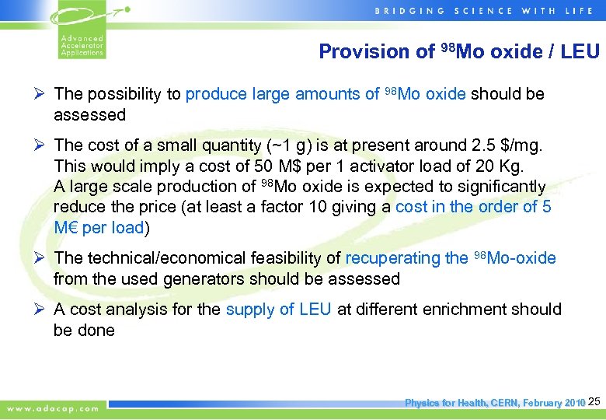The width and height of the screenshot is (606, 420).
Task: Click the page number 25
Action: click(594, 402)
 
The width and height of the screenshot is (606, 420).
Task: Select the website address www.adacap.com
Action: click(54, 408)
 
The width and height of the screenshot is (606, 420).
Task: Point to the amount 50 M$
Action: click(255, 166)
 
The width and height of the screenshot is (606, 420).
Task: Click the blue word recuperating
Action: click(395, 258)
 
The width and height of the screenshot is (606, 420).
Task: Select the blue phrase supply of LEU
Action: click(278, 310)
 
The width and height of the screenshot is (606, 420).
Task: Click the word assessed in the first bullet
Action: click(89, 115)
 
